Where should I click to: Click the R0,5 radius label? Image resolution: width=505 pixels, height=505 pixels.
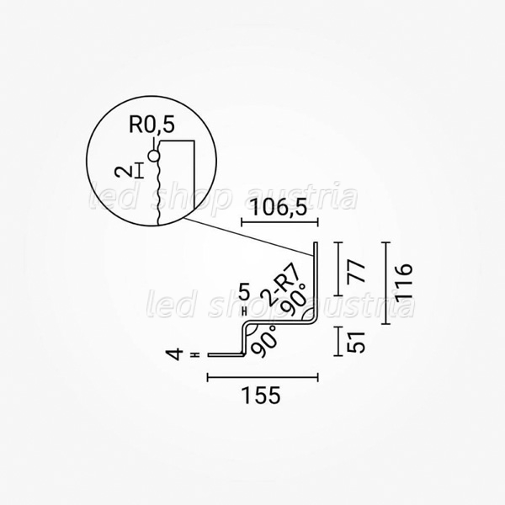click(x=151, y=125)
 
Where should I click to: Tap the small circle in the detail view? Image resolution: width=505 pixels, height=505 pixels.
click(x=154, y=157)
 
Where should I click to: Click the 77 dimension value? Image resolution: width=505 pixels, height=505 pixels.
click(x=357, y=272)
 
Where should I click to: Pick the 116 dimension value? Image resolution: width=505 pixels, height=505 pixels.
click(x=404, y=284)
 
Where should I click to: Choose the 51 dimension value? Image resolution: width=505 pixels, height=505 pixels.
click(x=357, y=342)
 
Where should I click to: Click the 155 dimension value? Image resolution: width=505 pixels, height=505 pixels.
click(x=261, y=396)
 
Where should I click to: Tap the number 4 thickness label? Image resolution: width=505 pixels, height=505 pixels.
click(x=174, y=354)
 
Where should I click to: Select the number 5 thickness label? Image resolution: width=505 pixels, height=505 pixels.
click(x=244, y=293)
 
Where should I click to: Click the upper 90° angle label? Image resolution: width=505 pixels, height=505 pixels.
click(x=293, y=299)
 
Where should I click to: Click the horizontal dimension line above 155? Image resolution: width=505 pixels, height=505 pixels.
click(x=263, y=377)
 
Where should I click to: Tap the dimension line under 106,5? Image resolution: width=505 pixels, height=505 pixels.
click(x=279, y=222)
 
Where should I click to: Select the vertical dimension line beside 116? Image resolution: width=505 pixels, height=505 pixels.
click(x=385, y=283)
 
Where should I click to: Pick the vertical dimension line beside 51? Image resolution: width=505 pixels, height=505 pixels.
click(x=338, y=342)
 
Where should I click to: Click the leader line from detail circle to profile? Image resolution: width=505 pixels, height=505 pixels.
click(x=248, y=237)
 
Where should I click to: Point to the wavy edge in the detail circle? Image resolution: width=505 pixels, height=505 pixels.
click(x=158, y=192)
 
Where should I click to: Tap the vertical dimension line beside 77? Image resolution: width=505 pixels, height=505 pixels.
click(x=338, y=268)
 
